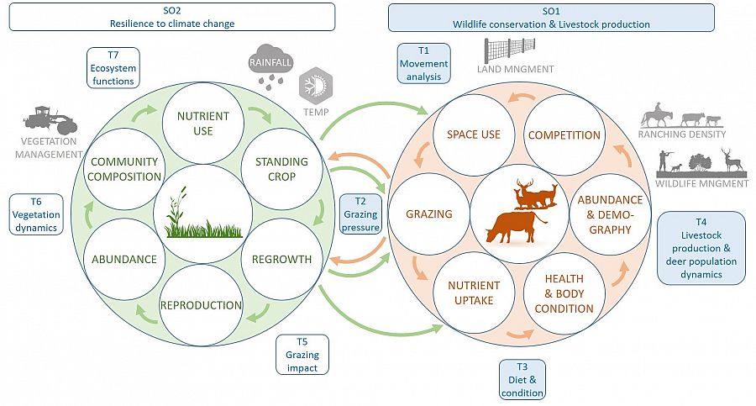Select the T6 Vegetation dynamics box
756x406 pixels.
(36, 214)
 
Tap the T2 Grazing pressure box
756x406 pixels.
(360, 214)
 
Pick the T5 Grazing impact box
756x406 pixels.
(302, 354)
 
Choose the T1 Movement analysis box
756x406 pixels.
(424, 64)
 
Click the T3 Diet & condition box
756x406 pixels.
(522, 379)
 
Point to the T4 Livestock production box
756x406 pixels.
(701, 245)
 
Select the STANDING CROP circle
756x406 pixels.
(275, 169)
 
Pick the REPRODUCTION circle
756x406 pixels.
(201, 304)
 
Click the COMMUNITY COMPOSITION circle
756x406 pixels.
(125, 169)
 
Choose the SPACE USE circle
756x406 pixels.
(473, 134)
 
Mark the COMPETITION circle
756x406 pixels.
(563, 134)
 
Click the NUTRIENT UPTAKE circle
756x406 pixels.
(474, 293)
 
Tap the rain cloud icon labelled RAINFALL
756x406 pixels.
(270, 70)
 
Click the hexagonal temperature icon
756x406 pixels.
(315, 87)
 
